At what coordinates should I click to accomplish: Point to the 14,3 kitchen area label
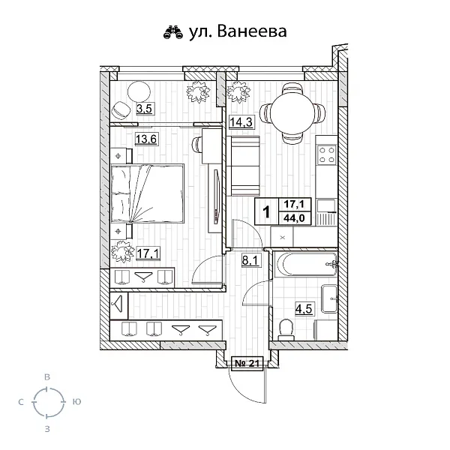click(x=241, y=124)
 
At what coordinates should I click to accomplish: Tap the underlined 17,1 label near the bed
click(x=147, y=253)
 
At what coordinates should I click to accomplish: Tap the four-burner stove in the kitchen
click(x=328, y=155)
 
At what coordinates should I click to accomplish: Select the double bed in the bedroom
click(x=148, y=193)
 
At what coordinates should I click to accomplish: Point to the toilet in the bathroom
click(x=284, y=328)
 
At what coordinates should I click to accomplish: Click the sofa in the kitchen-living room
click(x=243, y=169)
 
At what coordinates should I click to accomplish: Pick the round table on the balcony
click(x=139, y=91)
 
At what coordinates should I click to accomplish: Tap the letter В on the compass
click(x=47, y=376)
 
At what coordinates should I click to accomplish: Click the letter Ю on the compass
click(x=76, y=403)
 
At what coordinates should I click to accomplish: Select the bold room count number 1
click(x=266, y=211)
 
